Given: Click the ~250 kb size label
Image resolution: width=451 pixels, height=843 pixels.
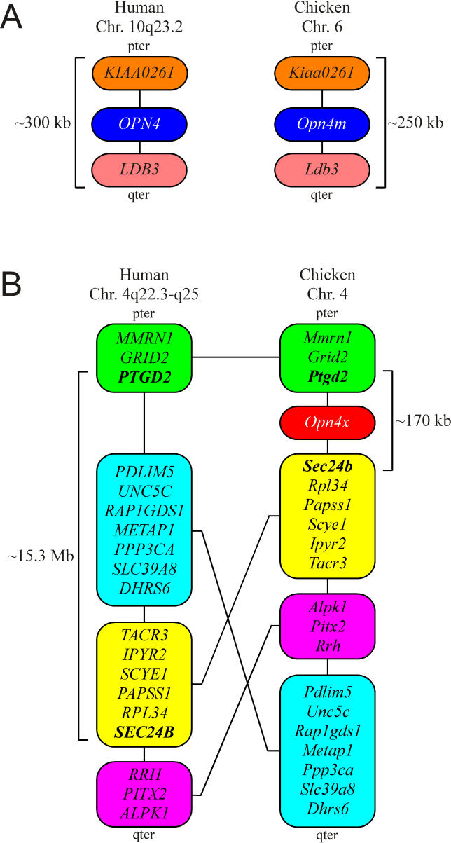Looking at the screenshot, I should tap(415, 123).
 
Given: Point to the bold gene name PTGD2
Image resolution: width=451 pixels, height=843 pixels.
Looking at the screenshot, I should tap(144, 378).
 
